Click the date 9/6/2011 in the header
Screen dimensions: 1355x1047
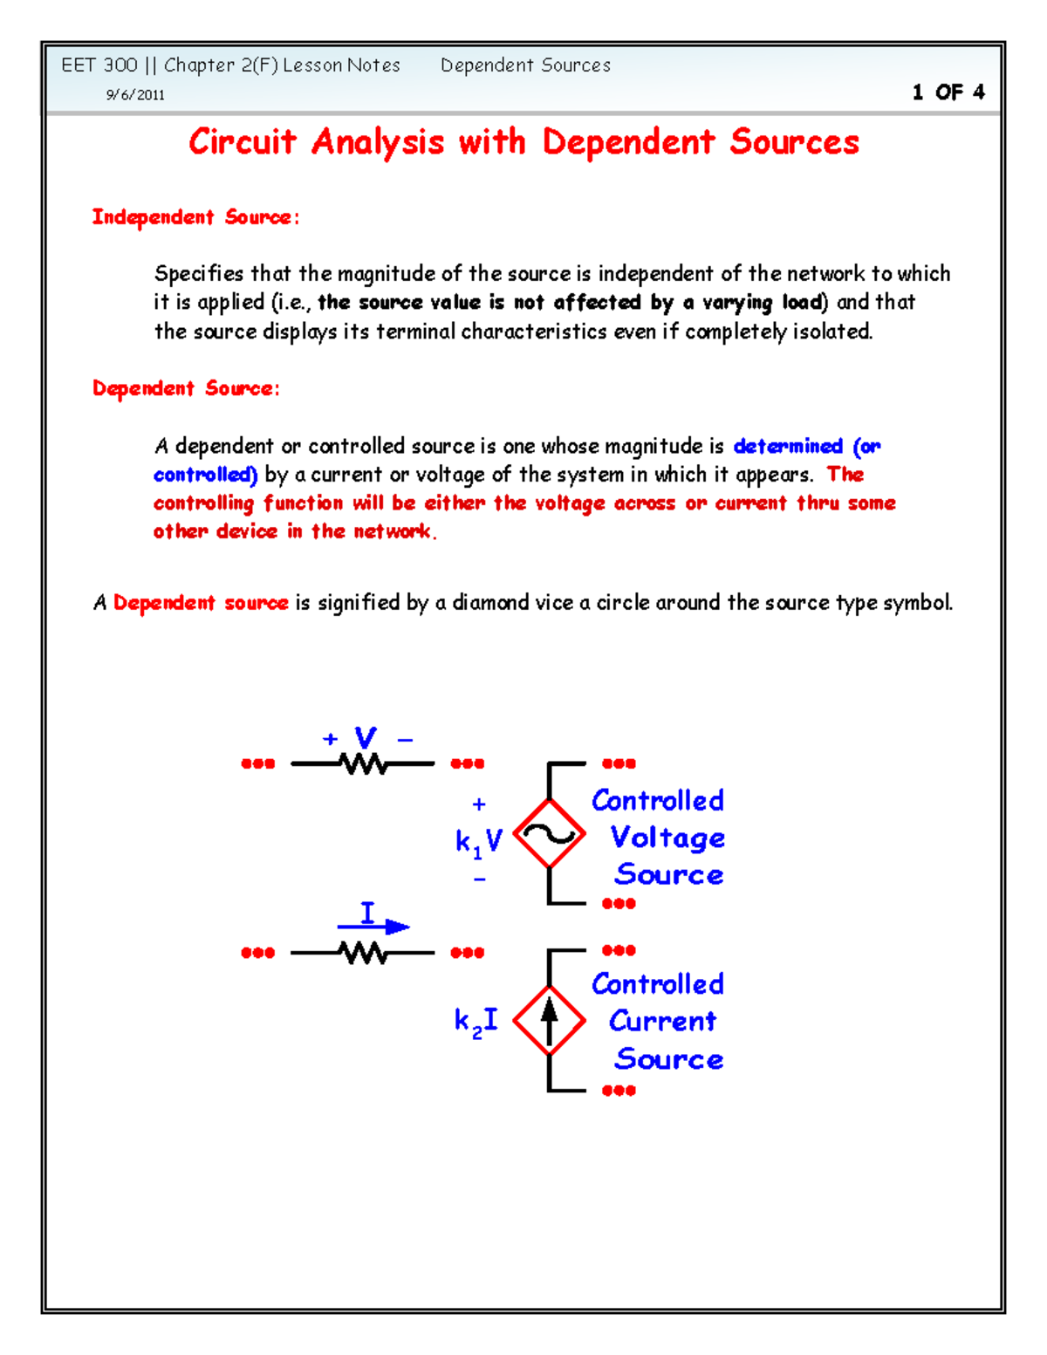135,95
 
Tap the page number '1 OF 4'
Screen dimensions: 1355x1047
948,92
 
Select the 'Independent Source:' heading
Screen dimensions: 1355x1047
195,217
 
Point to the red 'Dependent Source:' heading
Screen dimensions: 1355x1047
186,388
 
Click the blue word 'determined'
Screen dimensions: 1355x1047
788,446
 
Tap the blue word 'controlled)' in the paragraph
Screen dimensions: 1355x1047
205,475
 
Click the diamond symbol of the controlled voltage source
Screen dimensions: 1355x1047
549,834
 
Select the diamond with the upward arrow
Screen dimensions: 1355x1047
549,1020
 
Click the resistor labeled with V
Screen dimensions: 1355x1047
363,764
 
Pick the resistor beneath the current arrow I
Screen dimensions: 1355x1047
363,953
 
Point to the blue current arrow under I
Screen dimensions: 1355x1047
374,927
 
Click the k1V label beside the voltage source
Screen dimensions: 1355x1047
478,841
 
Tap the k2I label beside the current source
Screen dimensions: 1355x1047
476,1021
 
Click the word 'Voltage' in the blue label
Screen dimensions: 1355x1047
667,838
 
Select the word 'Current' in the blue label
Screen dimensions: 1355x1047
662,1021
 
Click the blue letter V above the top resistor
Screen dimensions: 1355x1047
365,737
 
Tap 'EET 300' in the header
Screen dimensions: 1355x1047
99,65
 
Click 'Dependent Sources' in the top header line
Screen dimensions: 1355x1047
525,65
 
